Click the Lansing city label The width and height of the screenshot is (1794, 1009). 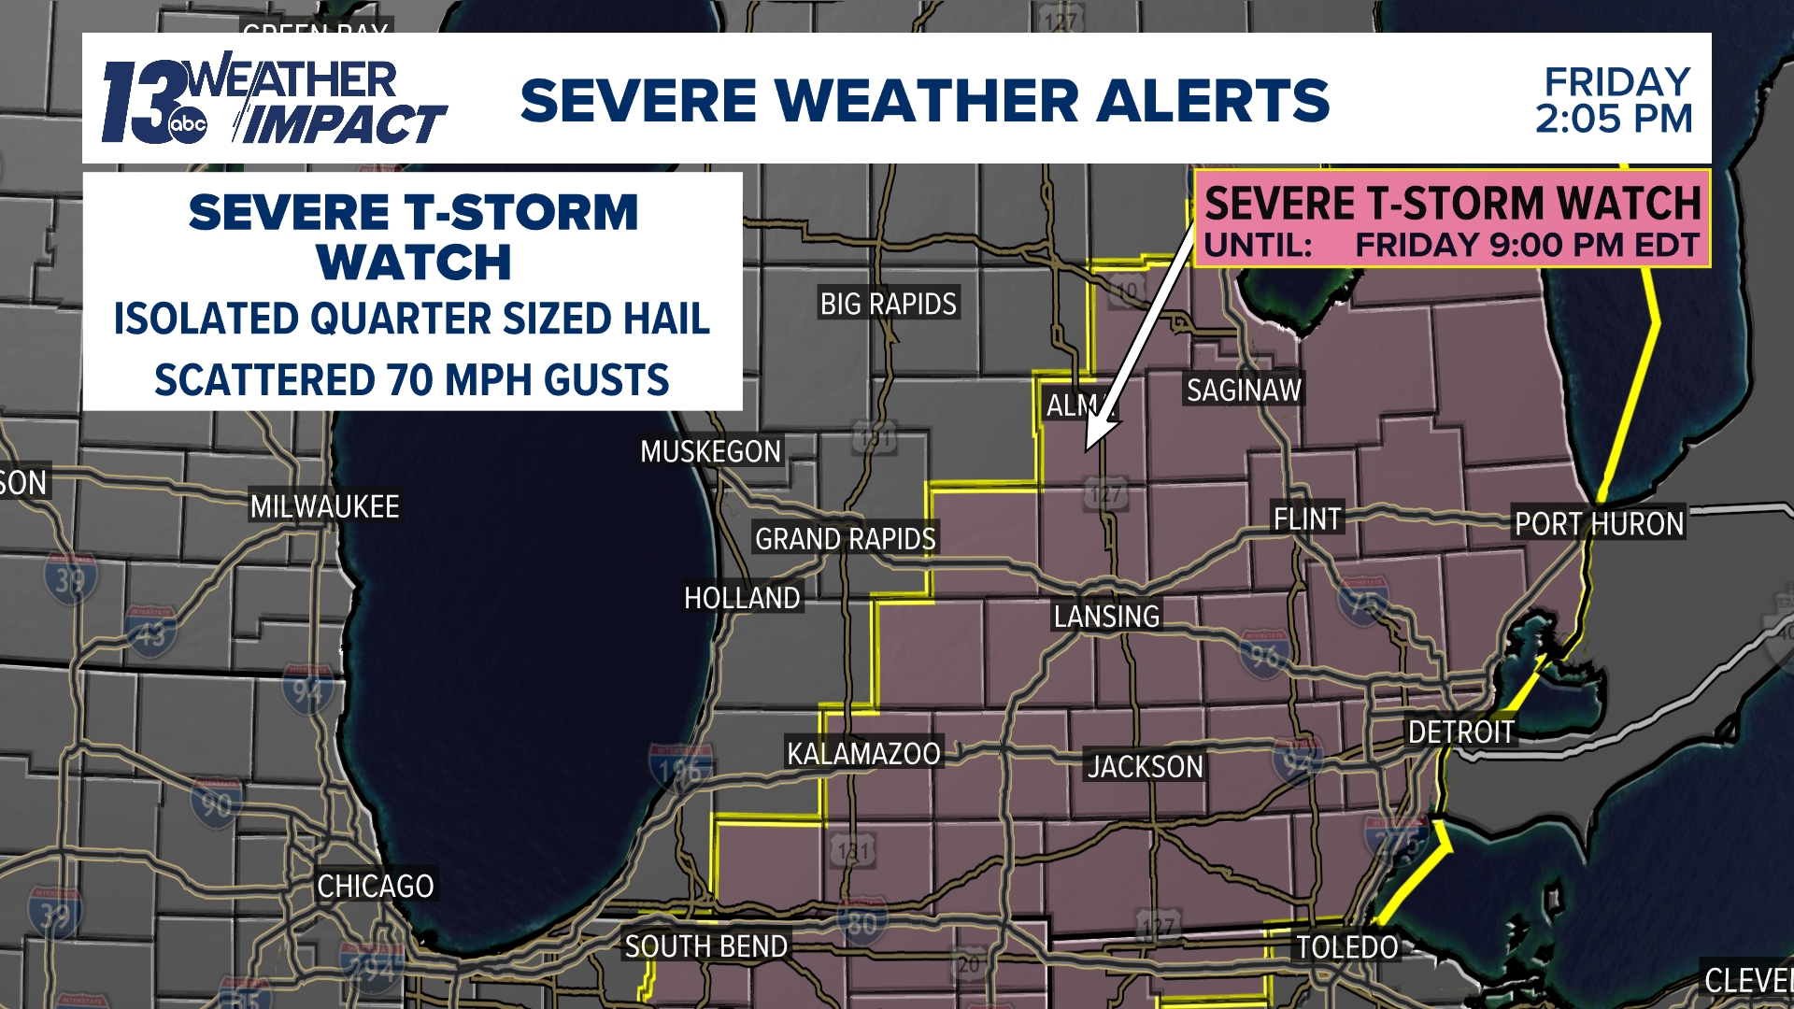(1106, 617)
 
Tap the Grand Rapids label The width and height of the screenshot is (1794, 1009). (845, 539)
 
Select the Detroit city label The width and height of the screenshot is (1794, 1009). (1460, 732)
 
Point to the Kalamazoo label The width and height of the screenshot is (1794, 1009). (863, 753)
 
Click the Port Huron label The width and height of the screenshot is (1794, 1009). (1599, 524)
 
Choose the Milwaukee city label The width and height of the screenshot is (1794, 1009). (324, 506)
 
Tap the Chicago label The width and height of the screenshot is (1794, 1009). (375, 886)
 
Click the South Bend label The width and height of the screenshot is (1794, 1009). (705, 946)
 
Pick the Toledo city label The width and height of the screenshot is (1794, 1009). (1346, 947)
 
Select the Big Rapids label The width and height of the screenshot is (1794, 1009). (888, 304)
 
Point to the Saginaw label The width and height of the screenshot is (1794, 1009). (1244, 390)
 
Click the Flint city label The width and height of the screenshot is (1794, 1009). (1306, 519)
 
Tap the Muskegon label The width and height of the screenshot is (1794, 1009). (710, 451)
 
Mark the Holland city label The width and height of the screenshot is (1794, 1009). (742, 598)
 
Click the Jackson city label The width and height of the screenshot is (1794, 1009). (1145, 767)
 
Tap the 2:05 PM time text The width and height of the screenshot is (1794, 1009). (1614, 119)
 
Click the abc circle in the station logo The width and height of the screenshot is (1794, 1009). (188, 125)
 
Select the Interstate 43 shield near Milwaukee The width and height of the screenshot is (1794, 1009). (150, 632)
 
